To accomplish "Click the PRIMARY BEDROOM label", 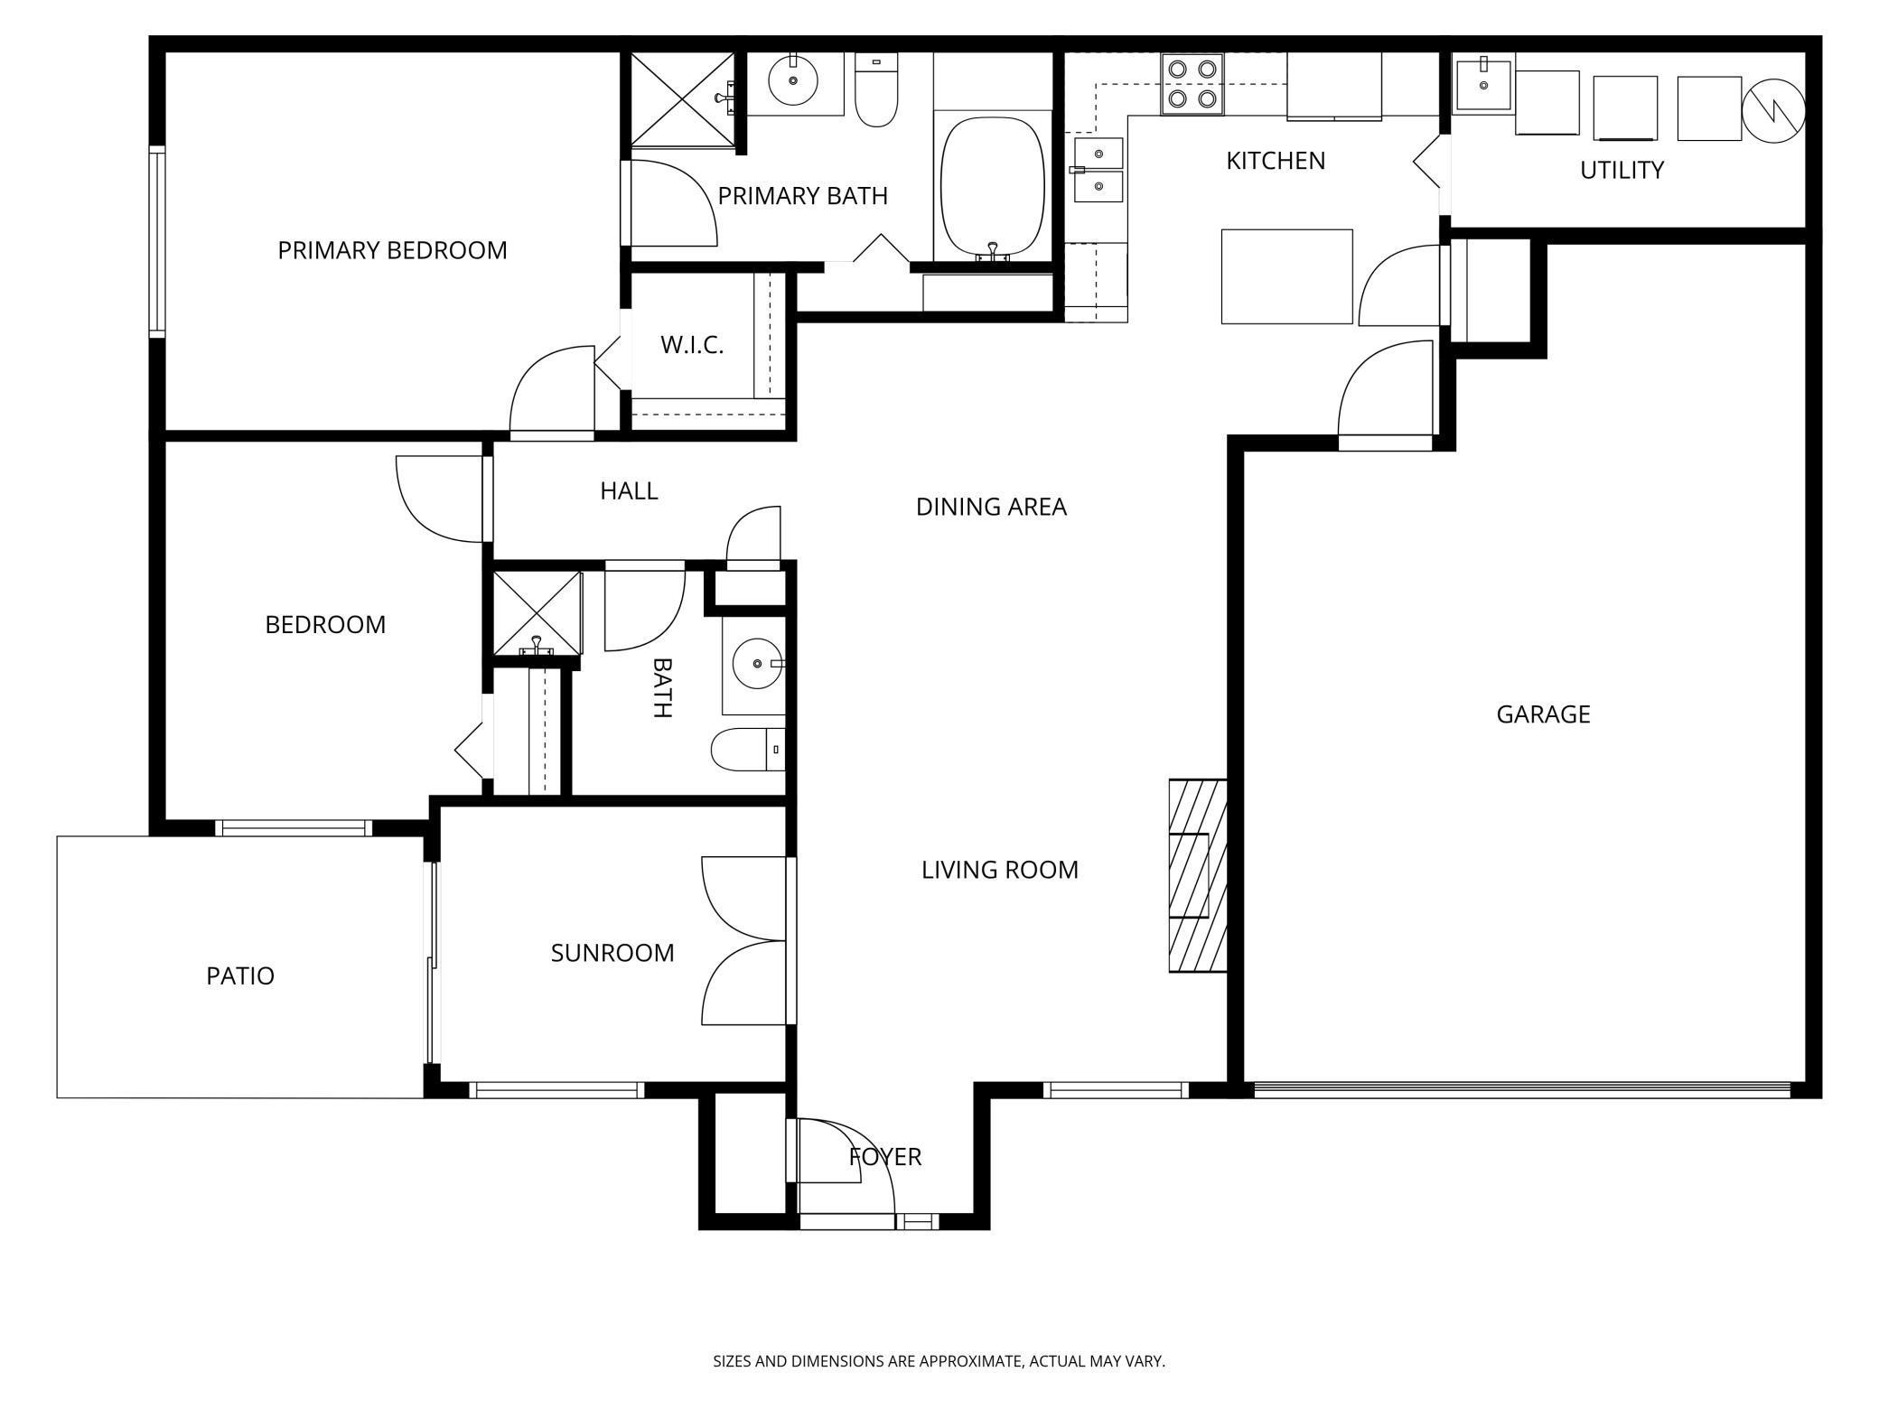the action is point(392,250).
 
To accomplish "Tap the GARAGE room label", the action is point(1543,714).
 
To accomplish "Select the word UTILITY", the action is point(1622,170).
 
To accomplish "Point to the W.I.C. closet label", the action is point(692,345).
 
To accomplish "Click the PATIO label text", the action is point(240,975).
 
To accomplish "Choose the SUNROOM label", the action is point(612,953).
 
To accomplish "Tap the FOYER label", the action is point(885,1157).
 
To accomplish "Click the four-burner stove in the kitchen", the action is point(1192,84).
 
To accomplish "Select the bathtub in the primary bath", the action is point(993,188).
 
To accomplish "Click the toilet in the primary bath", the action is point(876,89).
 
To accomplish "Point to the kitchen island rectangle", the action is point(1286,276).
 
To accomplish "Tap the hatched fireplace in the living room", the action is point(1198,875).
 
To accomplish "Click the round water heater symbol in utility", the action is point(1773,110).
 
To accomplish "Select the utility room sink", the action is point(1483,83).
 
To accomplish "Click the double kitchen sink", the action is point(1098,170).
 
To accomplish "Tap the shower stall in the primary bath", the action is point(683,98).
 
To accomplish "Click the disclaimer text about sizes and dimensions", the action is point(939,1361).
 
